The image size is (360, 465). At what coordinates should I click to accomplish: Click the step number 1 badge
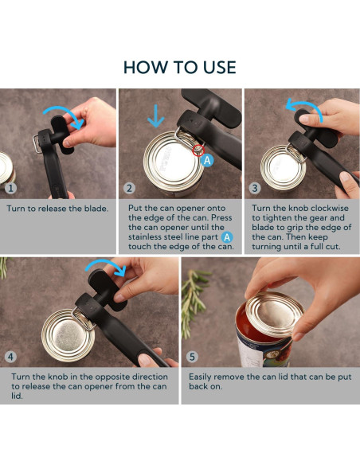pos(10,188)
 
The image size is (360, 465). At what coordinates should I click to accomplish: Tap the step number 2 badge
pos(129,188)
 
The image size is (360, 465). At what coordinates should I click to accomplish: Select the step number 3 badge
pos(255,188)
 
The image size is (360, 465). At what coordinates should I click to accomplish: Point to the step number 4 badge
pos(10,357)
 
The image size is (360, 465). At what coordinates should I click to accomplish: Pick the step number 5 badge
pos(192,357)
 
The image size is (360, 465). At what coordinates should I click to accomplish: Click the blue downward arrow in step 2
pos(155,116)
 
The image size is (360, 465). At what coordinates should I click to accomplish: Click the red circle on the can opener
pos(198,150)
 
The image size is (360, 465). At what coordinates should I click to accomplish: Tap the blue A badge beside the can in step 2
pos(207,160)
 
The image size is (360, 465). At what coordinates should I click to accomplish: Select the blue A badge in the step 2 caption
pos(227,237)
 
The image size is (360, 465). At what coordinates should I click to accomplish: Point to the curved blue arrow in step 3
pos(305,107)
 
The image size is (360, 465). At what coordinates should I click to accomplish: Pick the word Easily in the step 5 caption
pos(200,377)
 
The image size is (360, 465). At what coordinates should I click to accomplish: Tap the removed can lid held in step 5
pos(275,314)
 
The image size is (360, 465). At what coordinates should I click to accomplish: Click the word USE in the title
pos(220,67)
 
